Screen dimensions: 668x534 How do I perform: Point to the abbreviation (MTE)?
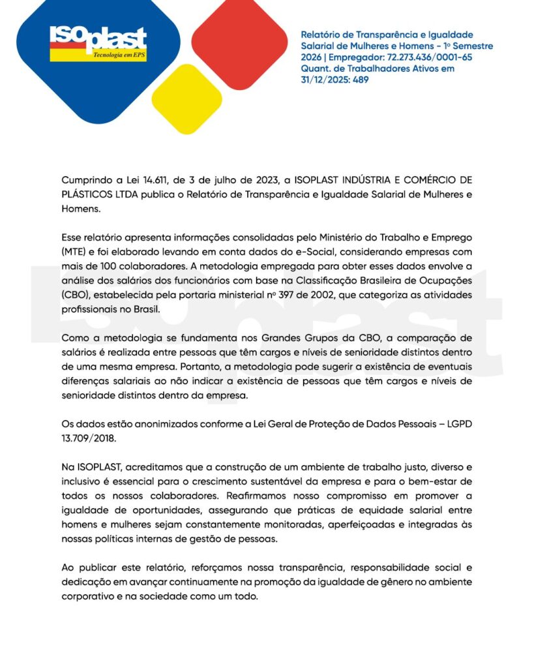pyautogui.click(x=76, y=251)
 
